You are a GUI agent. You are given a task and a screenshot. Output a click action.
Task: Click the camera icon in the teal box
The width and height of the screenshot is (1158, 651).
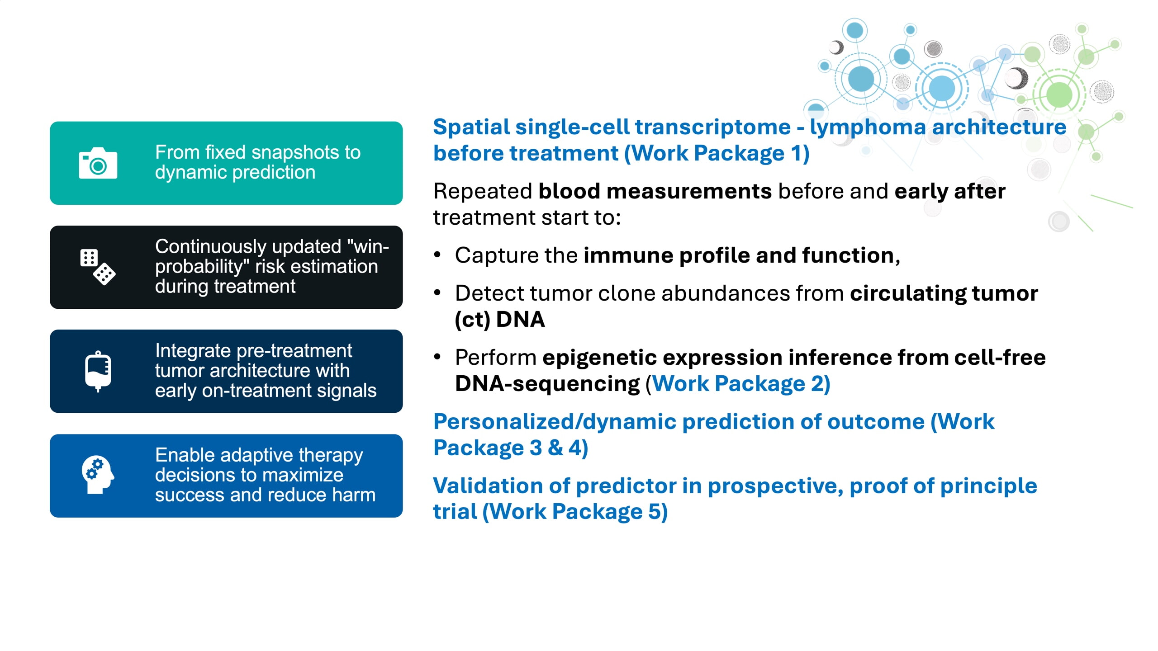pos(98,163)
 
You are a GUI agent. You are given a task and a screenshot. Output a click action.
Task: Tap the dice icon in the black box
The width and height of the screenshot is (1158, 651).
pos(98,267)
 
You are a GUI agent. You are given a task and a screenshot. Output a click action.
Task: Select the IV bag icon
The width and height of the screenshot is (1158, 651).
pos(98,371)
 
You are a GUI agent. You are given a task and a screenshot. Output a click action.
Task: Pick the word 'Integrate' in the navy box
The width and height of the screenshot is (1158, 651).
pos(193,351)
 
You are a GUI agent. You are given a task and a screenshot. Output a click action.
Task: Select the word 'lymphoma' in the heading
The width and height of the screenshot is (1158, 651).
pos(868,127)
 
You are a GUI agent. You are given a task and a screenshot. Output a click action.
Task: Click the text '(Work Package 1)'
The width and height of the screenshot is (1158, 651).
pos(717,153)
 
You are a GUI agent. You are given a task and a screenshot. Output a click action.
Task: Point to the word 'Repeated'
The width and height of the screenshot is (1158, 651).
pos(482,191)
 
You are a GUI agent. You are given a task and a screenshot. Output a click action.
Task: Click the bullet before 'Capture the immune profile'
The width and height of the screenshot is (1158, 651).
pos(437,255)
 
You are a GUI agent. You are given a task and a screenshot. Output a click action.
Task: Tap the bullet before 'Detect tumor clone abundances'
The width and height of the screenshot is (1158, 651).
pos(437,293)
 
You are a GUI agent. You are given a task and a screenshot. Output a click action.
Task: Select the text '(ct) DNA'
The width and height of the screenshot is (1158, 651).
pos(499,320)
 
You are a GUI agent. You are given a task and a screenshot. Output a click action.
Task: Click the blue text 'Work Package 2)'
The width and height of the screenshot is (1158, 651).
pos(741,384)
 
